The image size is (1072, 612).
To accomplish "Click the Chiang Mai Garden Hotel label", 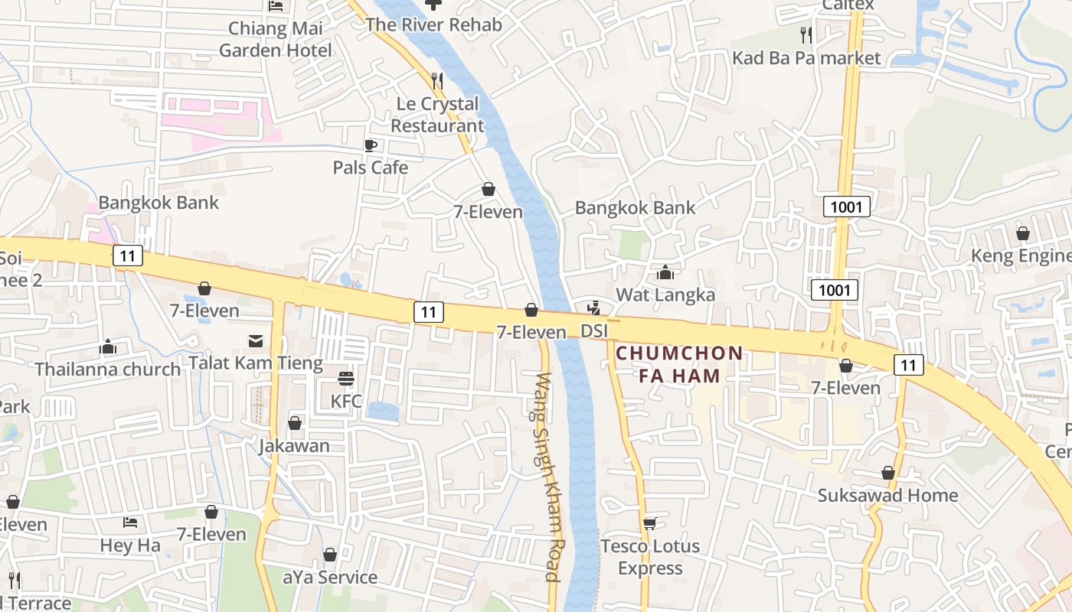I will pos(276,40).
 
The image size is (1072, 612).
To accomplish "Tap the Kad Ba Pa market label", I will pos(806,58).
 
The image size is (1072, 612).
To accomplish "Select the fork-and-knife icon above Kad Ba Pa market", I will pos(806,34).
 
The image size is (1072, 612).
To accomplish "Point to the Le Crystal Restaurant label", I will pos(437,115).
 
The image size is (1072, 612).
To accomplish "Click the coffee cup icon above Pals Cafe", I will pos(371,145).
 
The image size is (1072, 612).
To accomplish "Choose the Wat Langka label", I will pos(665,295).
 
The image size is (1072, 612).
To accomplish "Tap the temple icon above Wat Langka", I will pos(665,272).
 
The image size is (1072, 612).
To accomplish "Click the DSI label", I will pos(594,331).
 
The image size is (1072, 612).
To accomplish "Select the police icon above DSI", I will pos(593,309).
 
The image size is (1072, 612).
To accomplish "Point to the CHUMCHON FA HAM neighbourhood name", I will pos(678,364).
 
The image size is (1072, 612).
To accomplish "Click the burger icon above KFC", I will pos(346,378).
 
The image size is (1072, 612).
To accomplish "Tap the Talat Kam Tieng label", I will pos(256,363).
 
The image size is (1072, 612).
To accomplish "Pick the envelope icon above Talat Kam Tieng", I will pos(255,340).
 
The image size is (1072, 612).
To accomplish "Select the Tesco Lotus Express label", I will pos(650,557).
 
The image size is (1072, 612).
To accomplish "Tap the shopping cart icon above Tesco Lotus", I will pos(650,523).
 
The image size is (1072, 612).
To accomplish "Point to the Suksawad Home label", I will pos(887,496).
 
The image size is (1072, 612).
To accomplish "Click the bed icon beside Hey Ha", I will pos(130,522).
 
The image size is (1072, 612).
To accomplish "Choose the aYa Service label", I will pos(330,578).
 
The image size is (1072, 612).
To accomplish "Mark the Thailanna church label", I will pos(108,369).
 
